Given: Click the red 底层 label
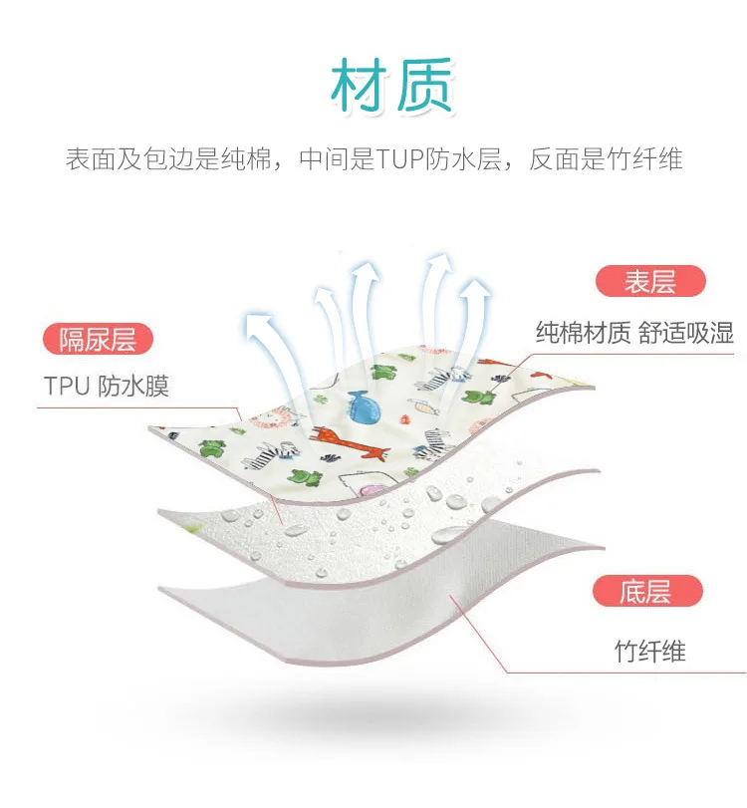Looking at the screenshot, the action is tap(644, 592).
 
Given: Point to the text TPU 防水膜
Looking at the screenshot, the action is tap(106, 387).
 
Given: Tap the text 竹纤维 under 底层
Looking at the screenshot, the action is tap(649, 653).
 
